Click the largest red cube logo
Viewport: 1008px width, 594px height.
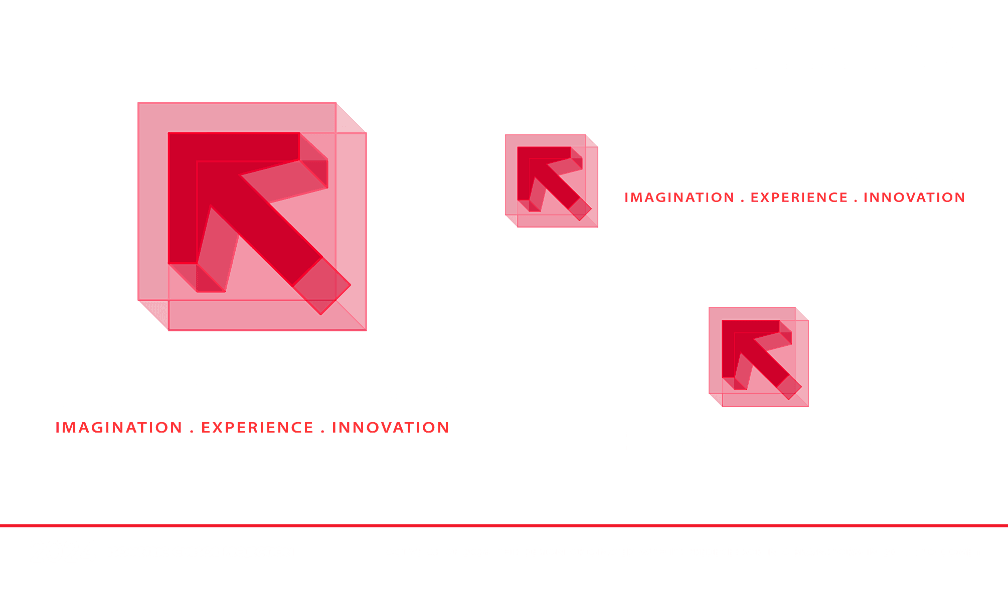point(252,217)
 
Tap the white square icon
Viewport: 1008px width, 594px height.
point(551,46)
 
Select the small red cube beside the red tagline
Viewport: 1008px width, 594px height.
point(552,180)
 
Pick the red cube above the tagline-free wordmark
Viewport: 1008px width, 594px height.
point(759,356)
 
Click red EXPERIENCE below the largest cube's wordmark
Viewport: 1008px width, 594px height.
point(257,428)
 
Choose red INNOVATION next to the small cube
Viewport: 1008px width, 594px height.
point(914,197)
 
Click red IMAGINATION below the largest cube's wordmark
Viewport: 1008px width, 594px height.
point(119,428)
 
